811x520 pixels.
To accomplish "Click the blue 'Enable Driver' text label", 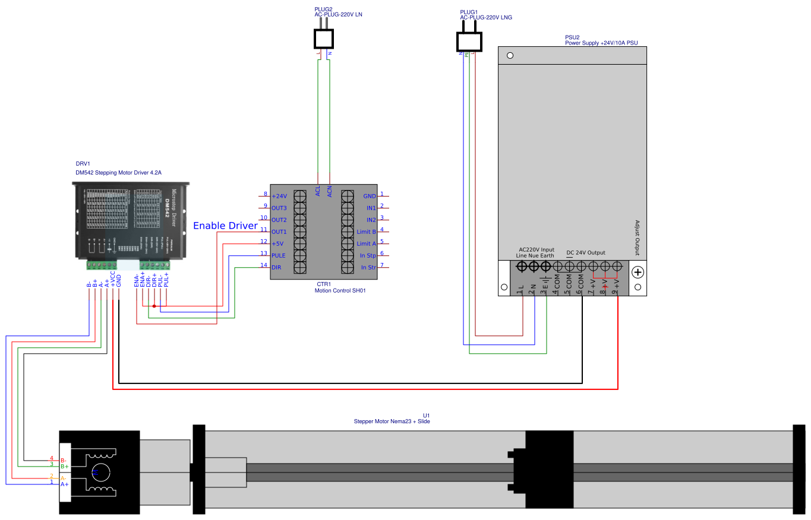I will (225, 226).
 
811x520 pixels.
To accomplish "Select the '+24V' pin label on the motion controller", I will (279, 196).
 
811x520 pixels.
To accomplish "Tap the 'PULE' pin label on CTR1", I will (278, 255).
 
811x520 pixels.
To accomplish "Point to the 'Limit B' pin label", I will (366, 232).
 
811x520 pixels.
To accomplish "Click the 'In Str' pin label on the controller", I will (368, 268).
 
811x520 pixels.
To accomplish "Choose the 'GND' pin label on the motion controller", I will (369, 196).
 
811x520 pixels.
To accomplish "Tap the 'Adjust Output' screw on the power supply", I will (638, 272).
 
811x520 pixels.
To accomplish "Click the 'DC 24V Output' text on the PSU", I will (586, 252).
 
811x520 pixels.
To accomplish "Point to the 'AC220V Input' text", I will (537, 250).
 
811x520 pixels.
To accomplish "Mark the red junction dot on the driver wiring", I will (154, 306).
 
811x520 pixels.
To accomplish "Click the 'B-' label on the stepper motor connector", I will (64, 459).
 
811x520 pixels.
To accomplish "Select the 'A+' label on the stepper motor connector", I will (64, 484).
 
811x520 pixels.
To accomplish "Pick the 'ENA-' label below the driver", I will (137, 280).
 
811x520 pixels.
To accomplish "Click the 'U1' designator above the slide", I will (426, 415).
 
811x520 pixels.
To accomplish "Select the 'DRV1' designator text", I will (83, 164).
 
